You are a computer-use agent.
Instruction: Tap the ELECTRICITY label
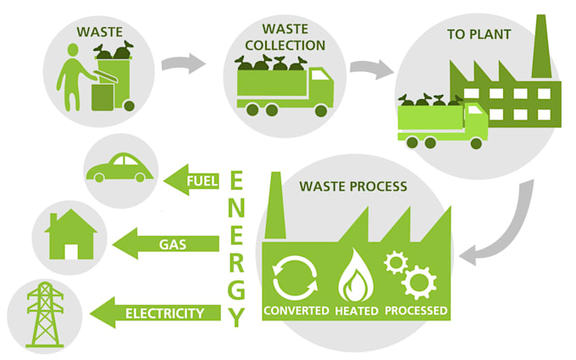pos(164,313)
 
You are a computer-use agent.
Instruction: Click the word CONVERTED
pos(296,310)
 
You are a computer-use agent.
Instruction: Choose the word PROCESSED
pos(416,310)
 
